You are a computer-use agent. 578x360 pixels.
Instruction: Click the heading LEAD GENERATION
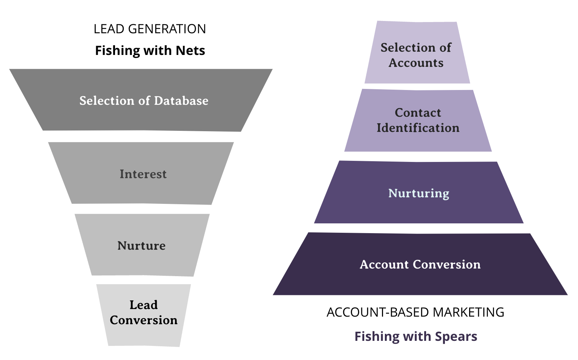click(150, 29)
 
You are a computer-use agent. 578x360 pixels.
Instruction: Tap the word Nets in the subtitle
click(190, 51)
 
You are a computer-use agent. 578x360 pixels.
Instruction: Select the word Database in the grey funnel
click(181, 100)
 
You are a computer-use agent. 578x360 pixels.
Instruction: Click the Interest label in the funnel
click(143, 174)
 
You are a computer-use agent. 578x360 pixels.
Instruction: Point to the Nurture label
click(141, 246)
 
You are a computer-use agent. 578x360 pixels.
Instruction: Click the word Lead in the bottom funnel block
click(144, 305)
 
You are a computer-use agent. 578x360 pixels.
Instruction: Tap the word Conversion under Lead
click(144, 320)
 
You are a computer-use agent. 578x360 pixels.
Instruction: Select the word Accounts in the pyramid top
click(416, 63)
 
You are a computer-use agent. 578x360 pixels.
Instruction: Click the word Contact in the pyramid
click(418, 113)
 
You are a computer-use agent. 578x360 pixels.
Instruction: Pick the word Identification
click(418, 128)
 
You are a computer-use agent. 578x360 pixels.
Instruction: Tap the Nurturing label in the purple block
click(418, 193)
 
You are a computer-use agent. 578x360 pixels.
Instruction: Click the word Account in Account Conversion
click(384, 265)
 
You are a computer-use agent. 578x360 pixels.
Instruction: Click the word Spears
click(456, 337)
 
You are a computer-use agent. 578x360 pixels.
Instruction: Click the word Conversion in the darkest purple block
click(447, 265)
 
